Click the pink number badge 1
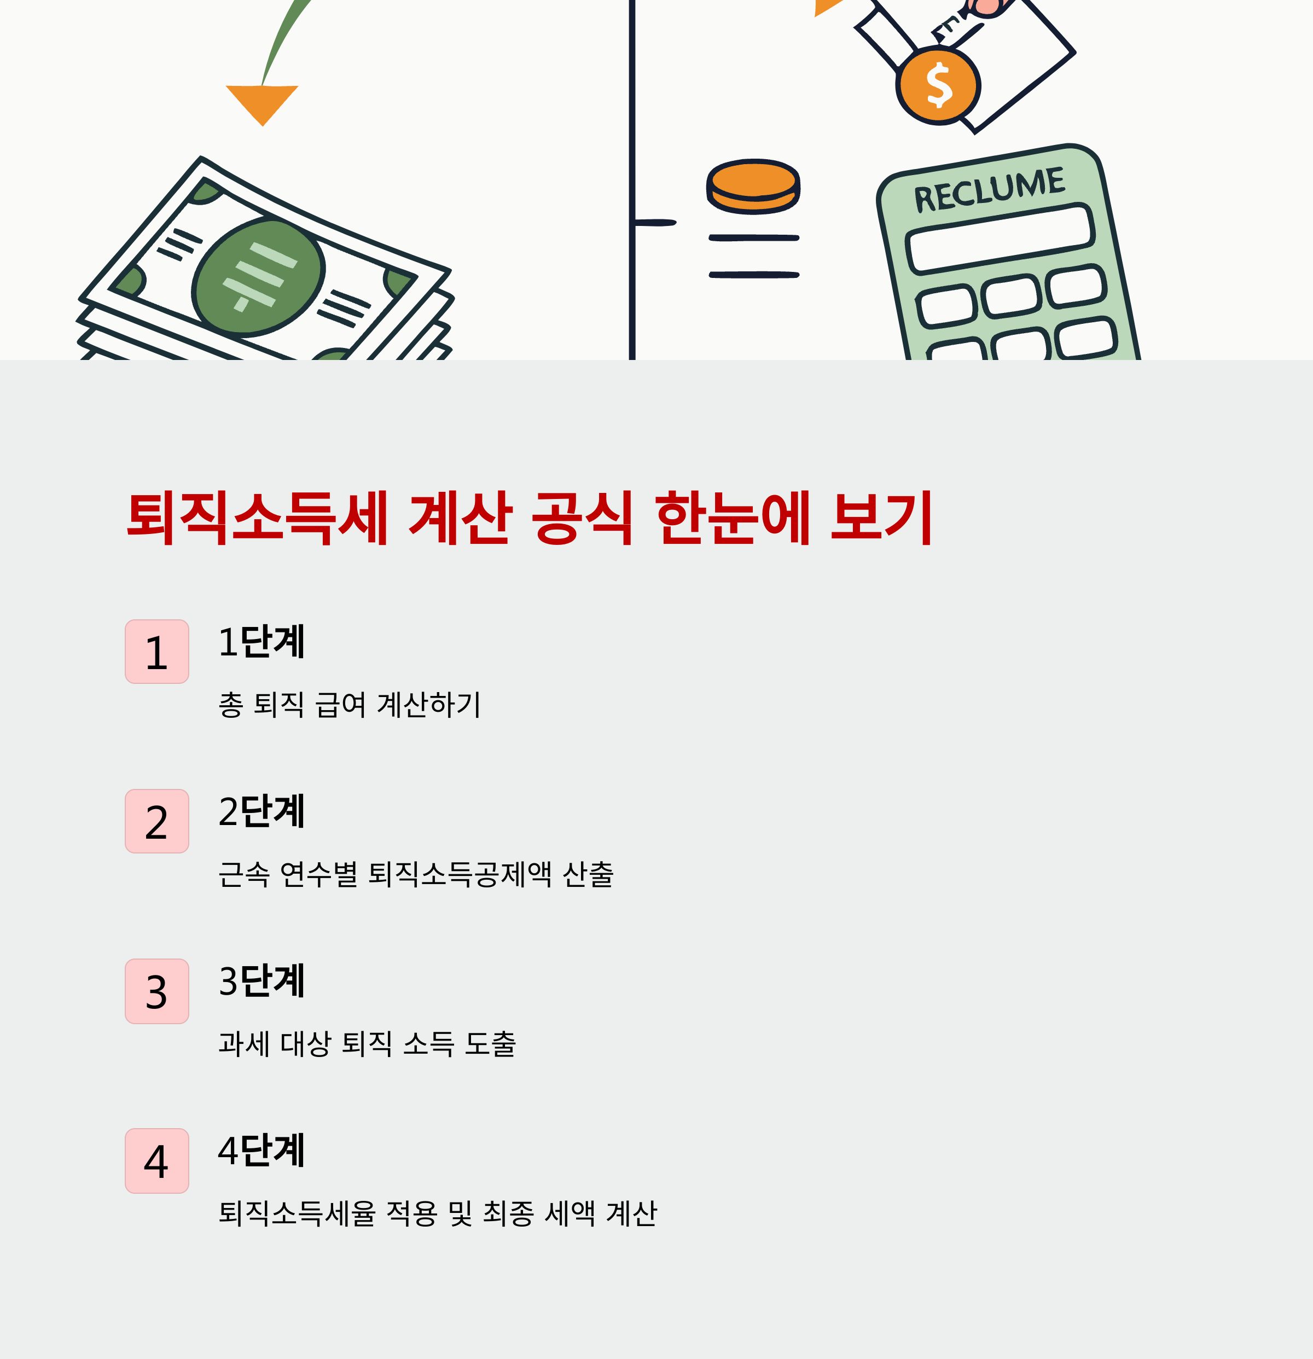[156, 651]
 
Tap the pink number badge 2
[156, 821]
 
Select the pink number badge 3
[156, 991]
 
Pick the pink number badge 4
[156, 1161]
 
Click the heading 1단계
[262, 641]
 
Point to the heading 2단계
[262, 811]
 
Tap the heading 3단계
[262, 981]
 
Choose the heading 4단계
[262, 1151]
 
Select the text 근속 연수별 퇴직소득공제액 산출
[416, 874]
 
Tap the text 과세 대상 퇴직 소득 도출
[367, 1043]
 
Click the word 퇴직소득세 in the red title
[257, 518]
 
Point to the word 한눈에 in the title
[733, 518]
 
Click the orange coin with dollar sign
[938, 86]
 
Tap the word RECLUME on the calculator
[989, 189]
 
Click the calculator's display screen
[1000, 239]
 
